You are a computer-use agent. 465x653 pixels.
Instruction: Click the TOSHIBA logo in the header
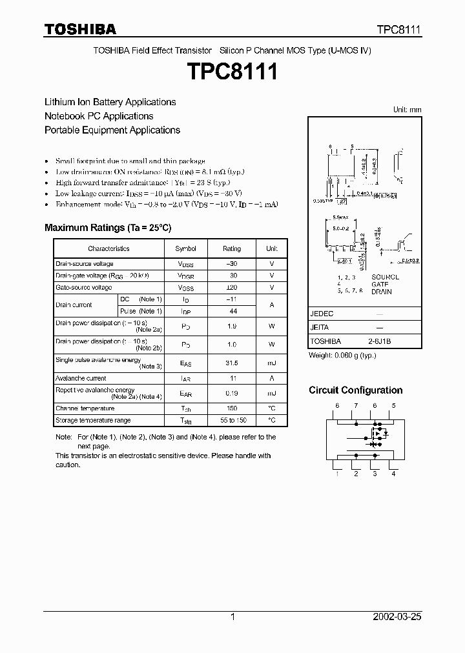pyautogui.click(x=80, y=29)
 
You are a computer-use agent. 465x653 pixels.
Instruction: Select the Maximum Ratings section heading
pyautogui.click(x=108, y=228)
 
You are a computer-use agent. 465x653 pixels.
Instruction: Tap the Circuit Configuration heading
pyautogui.click(x=355, y=390)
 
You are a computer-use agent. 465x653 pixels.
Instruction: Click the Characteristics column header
pyautogui.click(x=108, y=248)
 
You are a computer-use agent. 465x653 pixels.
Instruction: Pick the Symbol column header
pyautogui.click(x=186, y=248)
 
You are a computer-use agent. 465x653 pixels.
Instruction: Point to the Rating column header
pyautogui.click(x=232, y=248)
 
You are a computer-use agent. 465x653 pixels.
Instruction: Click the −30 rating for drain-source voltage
pyautogui.click(x=232, y=264)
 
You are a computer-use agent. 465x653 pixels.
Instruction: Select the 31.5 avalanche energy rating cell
pyautogui.click(x=232, y=363)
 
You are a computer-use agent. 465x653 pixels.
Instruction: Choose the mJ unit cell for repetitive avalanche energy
pyautogui.click(x=272, y=393)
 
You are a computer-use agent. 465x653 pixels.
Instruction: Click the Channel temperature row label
pyautogui.click(x=85, y=408)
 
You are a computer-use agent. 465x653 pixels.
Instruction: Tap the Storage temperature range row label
pyautogui.click(x=93, y=420)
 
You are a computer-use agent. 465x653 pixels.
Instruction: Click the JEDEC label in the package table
pyautogui.click(x=322, y=313)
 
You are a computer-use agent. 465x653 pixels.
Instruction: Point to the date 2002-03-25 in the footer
pyautogui.click(x=397, y=617)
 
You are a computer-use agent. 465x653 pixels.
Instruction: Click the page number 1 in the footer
pyautogui.click(x=232, y=617)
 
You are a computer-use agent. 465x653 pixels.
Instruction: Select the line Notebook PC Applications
pyautogui.click(x=99, y=116)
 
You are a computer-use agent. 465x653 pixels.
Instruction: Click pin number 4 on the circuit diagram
pyautogui.click(x=393, y=474)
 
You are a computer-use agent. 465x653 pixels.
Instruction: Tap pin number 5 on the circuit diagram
pyautogui.click(x=393, y=405)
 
